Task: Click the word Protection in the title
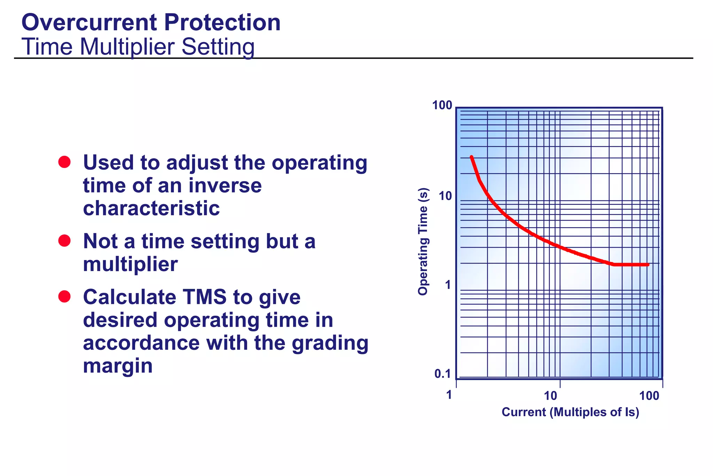(222, 23)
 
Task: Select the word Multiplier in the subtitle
(127, 47)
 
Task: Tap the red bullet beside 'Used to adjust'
(64, 162)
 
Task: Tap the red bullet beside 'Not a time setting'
(64, 240)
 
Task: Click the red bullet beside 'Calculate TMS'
(64, 297)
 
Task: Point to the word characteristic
(151, 208)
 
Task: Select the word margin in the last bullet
(118, 366)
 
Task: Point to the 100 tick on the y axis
(442, 105)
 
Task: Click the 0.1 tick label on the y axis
(442, 374)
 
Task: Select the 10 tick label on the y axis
(445, 196)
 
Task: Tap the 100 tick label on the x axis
(649, 396)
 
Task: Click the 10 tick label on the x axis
(551, 396)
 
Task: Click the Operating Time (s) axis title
(423, 241)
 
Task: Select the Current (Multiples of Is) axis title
(570, 412)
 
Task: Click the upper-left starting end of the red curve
(471, 157)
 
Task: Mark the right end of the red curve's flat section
(648, 265)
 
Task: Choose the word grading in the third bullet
(330, 343)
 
